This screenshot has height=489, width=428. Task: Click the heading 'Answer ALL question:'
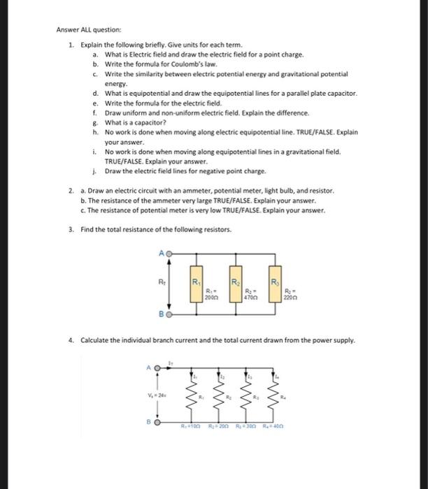click(89, 30)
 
